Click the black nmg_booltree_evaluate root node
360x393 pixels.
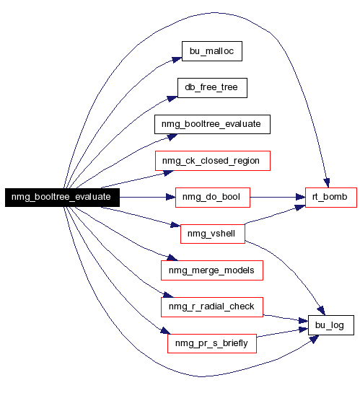click(62, 198)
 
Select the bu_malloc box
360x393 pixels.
click(212, 51)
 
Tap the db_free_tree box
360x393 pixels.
click(212, 88)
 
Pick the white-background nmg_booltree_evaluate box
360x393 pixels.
click(212, 124)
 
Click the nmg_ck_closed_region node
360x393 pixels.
click(213, 161)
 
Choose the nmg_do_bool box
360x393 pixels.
click(213, 198)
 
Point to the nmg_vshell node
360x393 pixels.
click(213, 234)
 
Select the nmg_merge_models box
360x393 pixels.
click(212, 270)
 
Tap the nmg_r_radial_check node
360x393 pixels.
click(212, 307)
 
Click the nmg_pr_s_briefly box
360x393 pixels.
click(212, 343)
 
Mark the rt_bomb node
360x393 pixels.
click(331, 198)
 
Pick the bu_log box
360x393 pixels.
click(331, 325)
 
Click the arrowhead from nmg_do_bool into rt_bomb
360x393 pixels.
click(301, 198)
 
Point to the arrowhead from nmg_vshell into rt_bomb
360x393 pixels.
click(300, 207)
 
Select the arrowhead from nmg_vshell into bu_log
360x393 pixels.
click(321, 311)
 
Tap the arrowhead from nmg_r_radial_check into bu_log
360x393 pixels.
click(303, 320)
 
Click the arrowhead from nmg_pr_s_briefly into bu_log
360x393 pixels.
click(303, 330)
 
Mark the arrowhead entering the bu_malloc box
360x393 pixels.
click(177, 60)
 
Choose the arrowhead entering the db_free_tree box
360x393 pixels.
click(172, 98)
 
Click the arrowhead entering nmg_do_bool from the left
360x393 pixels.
click(171, 198)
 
